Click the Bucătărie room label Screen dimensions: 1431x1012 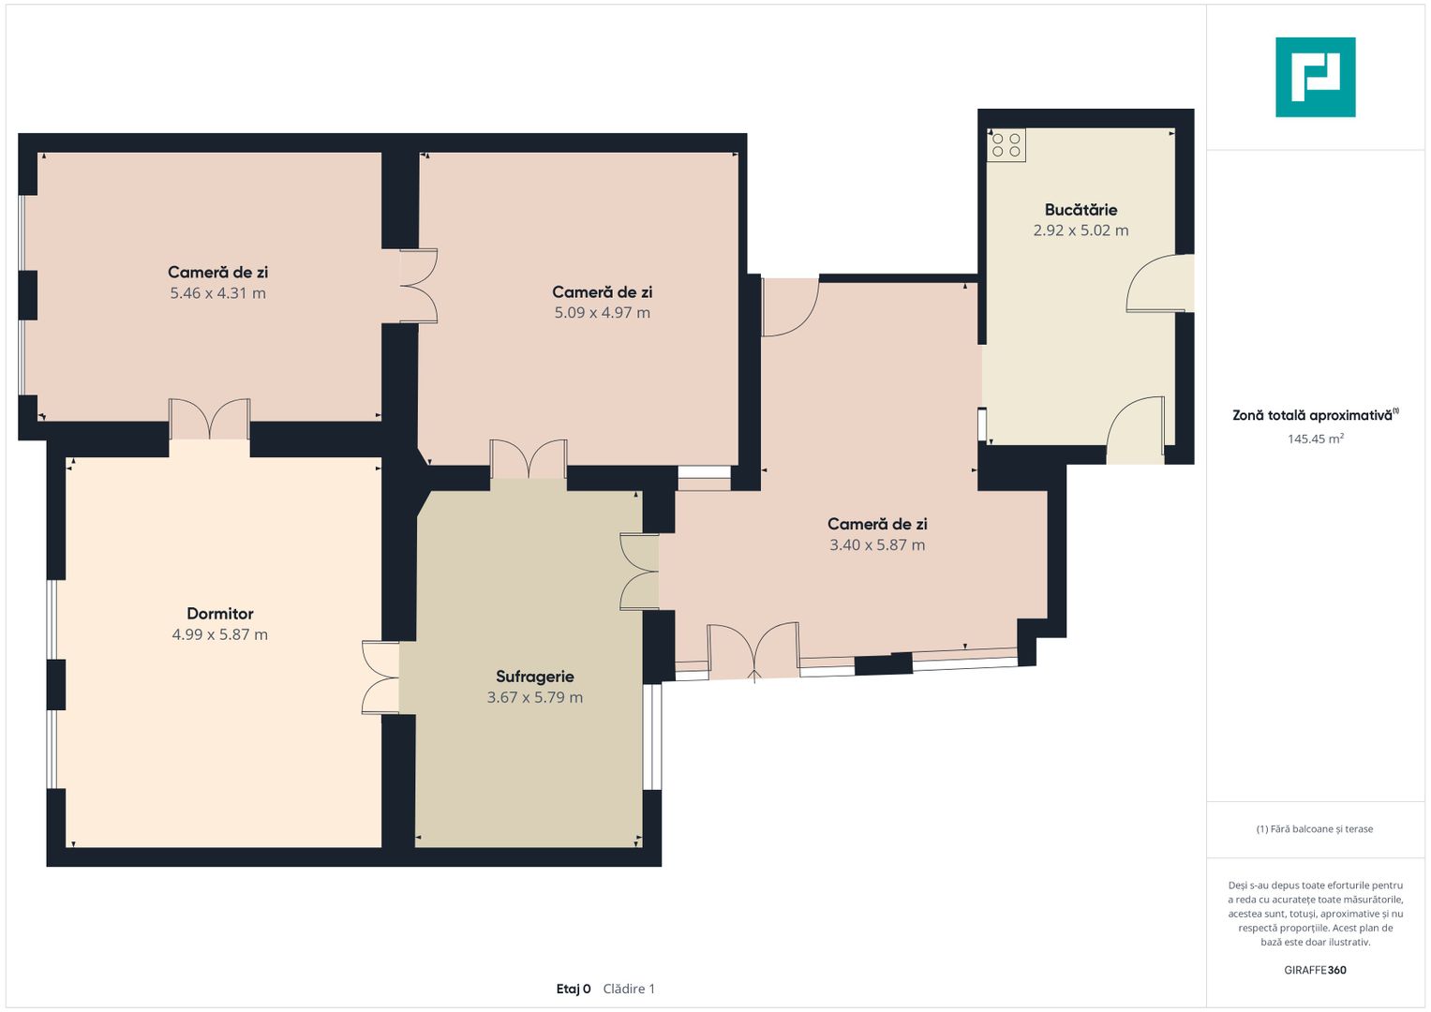pos(1081,210)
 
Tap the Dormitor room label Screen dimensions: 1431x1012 pos(220,614)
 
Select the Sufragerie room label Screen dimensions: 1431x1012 pos(535,676)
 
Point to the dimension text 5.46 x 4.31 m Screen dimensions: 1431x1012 pos(217,293)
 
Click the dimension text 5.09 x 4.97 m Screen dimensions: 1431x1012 pos(602,312)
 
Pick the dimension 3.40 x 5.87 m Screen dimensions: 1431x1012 pos(877,545)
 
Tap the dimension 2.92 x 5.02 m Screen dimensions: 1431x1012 pos(1081,230)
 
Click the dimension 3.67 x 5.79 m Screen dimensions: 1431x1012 pos(535,697)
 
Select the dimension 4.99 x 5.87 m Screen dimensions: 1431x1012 pos(220,634)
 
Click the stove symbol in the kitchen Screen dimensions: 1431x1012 pos(1006,145)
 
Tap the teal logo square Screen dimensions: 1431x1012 pos(1316,77)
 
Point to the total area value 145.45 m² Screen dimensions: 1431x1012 pos(1316,439)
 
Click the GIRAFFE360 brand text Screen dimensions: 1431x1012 pos(1315,970)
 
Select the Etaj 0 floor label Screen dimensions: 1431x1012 pos(573,989)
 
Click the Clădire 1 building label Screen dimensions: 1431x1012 pos(629,989)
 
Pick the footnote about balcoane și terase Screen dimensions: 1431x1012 pos(1315,828)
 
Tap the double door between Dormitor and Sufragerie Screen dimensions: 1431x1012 pos(381,677)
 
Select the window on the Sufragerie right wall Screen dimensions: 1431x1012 pos(651,737)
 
